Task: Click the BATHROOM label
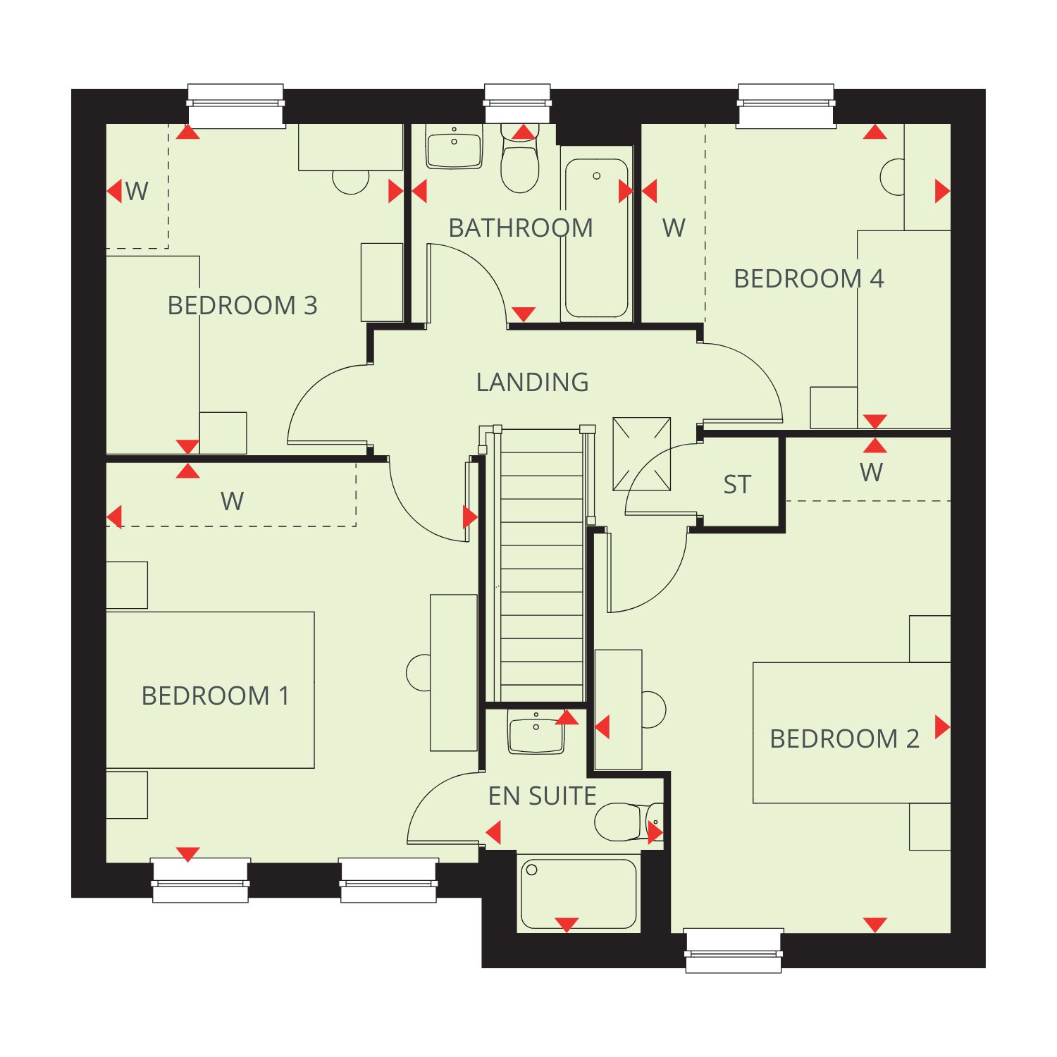coord(521,228)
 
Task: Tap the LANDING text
coord(533,382)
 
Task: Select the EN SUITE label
coord(543,796)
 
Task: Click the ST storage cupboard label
coord(737,485)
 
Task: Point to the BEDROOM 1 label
coord(216,696)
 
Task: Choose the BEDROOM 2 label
coord(844,739)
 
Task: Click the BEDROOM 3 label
coord(242,306)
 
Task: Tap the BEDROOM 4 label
coord(809,279)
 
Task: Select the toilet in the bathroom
coord(520,159)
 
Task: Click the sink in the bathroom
coord(455,147)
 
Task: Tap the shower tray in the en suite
coord(579,894)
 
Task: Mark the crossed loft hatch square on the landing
coord(641,454)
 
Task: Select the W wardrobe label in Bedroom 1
coord(232,502)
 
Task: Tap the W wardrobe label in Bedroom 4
coord(674,228)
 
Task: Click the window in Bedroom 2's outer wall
coord(734,951)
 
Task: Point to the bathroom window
coord(517,104)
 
